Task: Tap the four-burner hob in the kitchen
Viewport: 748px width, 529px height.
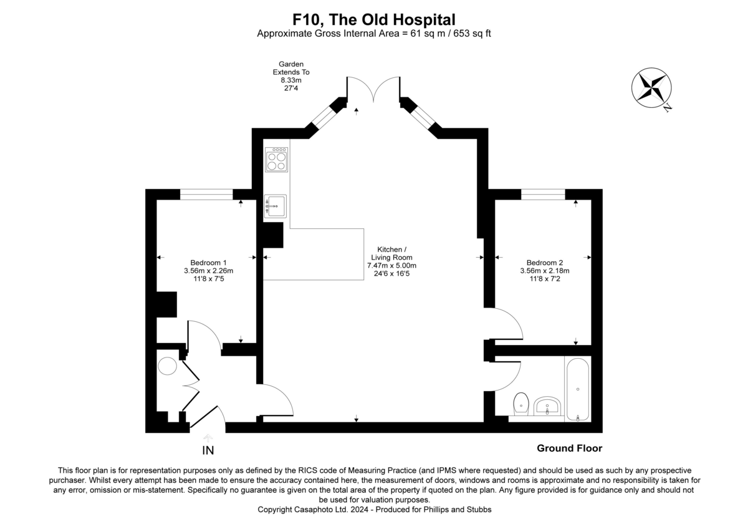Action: coord(276,160)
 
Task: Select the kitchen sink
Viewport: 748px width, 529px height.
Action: coord(275,205)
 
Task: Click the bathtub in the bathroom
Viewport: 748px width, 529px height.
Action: coord(578,389)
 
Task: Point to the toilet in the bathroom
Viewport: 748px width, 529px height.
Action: coord(521,404)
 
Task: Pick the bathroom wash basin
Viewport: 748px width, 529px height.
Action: coord(548,405)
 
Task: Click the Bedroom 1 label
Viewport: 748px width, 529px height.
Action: coord(208,263)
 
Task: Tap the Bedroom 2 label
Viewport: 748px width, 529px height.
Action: coord(545,263)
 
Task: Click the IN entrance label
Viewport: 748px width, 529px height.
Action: coord(208,450)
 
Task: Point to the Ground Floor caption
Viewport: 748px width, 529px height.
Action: coord(569,448)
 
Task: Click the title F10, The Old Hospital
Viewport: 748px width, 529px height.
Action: coord(374,20)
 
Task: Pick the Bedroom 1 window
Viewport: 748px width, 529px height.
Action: coord(206,194)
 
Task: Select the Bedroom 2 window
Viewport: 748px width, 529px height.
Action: coord(543,194)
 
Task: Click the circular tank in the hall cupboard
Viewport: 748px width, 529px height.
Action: coord(168,366)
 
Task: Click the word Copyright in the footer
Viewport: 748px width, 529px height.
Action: coord(277,510)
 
